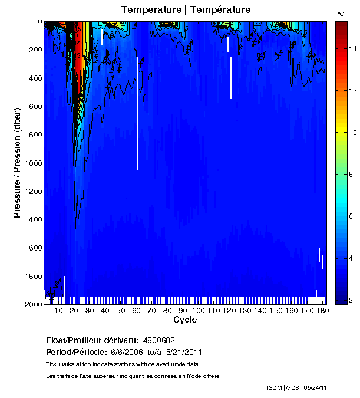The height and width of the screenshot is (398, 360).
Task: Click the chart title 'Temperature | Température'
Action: (x=186, y=10)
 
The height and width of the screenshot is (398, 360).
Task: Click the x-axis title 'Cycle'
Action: (x=185, y=320)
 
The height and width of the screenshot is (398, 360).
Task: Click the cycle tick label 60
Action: (x=136, y=310)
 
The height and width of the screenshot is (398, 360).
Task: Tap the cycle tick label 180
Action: (x=323, y=310)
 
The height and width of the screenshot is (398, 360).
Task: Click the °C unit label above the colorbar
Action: (x=341, y=13)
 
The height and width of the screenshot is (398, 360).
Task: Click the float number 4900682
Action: (x=158, y=340)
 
